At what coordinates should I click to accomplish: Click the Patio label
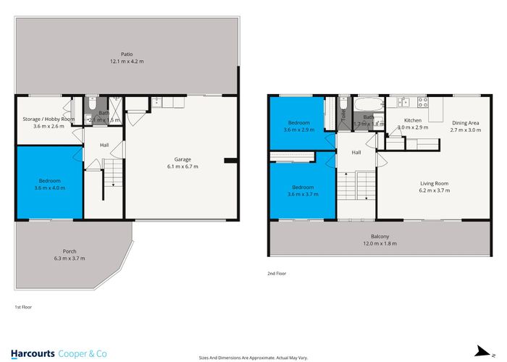click(127, 54)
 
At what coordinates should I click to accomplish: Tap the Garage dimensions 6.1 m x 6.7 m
click(181, 167)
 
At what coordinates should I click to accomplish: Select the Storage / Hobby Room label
click(49, 119)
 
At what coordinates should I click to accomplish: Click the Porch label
click(70, 251)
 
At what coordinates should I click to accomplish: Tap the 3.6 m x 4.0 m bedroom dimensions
click(49, 188)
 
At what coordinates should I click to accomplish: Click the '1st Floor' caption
click(23, 307)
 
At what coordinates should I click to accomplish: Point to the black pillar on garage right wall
click(230, 160)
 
